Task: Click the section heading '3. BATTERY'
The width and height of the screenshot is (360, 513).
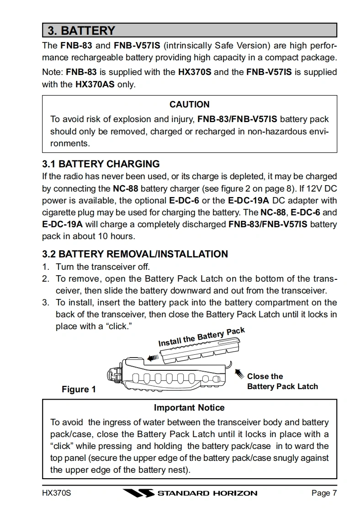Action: coord(81,31)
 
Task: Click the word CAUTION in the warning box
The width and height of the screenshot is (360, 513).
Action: coord(189,104)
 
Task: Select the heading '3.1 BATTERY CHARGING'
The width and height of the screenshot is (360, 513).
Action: coord(101,164)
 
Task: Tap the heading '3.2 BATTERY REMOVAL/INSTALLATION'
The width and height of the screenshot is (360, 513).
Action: coord(135,254)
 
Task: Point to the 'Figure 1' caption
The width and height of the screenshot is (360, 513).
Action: coord(79,389)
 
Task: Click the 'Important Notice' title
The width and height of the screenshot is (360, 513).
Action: coord(189,407)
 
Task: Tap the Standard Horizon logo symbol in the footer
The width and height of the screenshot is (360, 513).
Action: coord(138,493)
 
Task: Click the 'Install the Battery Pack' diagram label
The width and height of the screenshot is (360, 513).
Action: coord(201,337)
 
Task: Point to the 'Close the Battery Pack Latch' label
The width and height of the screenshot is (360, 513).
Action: coord(282,381)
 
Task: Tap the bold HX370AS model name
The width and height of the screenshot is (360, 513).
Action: coord(95,84)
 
